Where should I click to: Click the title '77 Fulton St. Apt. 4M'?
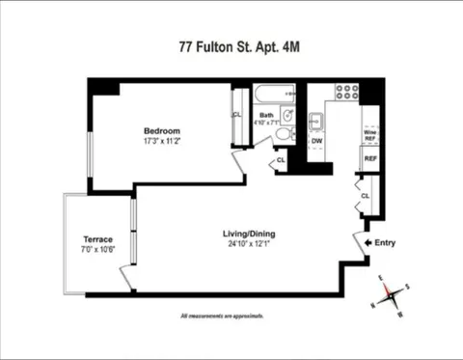point(231,43)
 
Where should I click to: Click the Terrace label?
point(97,239)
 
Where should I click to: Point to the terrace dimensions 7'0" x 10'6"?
point(97,250)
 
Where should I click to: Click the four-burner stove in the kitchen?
point(345,92)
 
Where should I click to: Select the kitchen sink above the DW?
point(315,123)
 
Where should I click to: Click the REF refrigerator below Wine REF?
point(368,158)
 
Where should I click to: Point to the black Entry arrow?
point(367,243)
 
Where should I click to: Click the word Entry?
point(385,243)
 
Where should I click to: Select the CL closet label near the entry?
point(365,196)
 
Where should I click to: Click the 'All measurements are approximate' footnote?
point(222,316)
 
